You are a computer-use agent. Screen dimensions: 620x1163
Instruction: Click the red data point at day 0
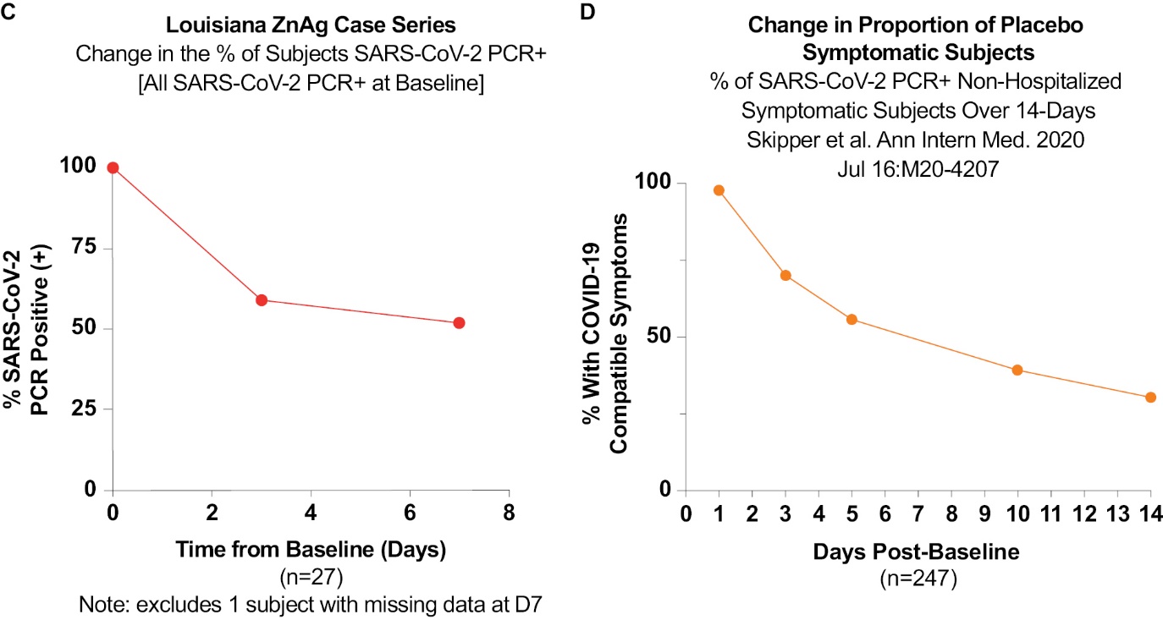point(113,167)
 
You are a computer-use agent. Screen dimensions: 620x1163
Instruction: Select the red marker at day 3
point(262,300)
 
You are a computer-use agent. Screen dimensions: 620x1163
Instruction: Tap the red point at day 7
point(459,322)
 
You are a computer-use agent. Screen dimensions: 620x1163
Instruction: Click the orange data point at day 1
point(719,190)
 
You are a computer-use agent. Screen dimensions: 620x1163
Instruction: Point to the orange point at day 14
point(1150,397)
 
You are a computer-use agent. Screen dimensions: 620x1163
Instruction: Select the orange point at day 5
point(852,319)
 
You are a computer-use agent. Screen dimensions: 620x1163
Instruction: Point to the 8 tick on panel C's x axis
point(509,513)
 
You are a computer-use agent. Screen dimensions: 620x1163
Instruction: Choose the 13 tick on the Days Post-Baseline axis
point(1116,513)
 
